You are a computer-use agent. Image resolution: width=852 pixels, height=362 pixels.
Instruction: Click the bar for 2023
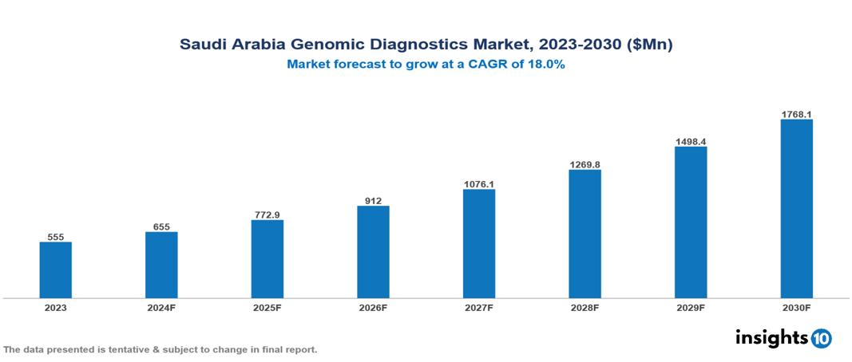[56, 270]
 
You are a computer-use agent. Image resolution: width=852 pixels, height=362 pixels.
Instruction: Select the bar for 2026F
[373, 252]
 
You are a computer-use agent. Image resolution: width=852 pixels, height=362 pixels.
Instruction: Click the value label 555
[56, 237]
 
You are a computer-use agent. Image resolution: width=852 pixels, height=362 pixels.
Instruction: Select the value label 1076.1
[478, 184]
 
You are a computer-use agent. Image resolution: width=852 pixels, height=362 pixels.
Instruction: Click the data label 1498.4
[690, 141]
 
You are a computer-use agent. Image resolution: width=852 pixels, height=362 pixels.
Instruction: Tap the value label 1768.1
[796, 115]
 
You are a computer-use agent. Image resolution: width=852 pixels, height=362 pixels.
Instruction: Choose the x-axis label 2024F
[161, 308]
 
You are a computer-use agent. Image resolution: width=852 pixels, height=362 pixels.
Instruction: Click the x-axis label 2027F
[478, 308]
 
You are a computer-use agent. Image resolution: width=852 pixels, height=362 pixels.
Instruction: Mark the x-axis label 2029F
[690, 308]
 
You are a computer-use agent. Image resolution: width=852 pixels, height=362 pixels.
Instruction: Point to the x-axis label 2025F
[267, 308]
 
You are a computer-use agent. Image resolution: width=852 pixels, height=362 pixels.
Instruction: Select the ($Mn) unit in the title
[651, 45]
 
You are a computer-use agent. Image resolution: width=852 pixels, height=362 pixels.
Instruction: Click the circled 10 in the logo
[821, 339]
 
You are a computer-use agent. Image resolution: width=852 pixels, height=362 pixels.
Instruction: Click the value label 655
[161, 227]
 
